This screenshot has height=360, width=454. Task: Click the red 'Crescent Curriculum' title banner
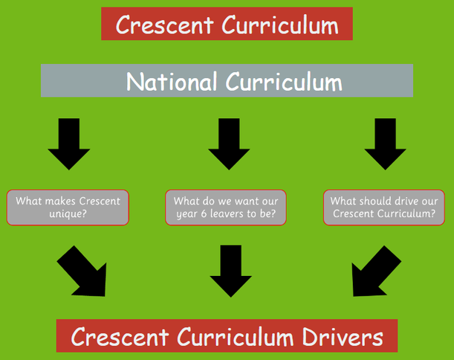(x=227, y=25)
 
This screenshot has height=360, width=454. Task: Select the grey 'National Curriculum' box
(x=227, y=81)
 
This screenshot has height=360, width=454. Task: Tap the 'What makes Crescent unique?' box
(x=68, y=208)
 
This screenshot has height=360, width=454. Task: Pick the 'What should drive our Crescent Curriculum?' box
(x=383, y=208)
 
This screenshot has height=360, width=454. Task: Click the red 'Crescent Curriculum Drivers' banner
(x=227, y=338)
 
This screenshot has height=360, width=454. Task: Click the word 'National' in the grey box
(x=170, y=81)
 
